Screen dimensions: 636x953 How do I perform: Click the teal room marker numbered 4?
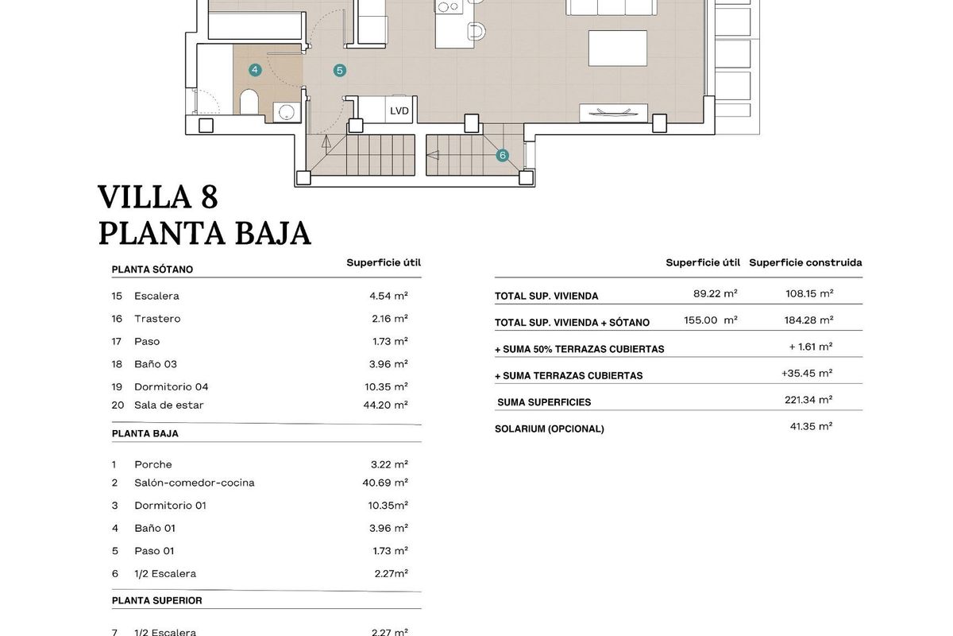click(x=255, y=70)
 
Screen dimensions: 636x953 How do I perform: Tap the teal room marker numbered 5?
click(x=340, y=70)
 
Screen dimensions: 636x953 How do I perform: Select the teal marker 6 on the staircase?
click(x=503, y=156)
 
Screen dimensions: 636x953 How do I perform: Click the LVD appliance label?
click(x=399, y=111)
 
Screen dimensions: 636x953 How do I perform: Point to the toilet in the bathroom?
click(x=249, y=103)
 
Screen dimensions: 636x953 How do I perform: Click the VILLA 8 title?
click(x=157, y=196)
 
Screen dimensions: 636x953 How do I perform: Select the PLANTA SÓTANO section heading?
click(x=152, y=270)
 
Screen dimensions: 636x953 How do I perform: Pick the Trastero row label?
click(x=157, y=319)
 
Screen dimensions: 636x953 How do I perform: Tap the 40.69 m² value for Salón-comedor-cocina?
click(x=385, y=483)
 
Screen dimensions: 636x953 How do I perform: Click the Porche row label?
click(x=153, y=464)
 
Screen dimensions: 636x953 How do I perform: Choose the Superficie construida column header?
click(x=805, y=262)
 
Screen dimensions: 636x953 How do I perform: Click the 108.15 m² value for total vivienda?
click(x=809, y=293)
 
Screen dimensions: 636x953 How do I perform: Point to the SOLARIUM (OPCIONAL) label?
click(x=550, y=429)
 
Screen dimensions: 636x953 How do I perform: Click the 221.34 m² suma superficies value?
click(x=808, y=400)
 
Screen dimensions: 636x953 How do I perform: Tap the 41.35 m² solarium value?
click(x=809, y=426)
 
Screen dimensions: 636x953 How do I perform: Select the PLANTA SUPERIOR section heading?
click(x=157, y=600)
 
